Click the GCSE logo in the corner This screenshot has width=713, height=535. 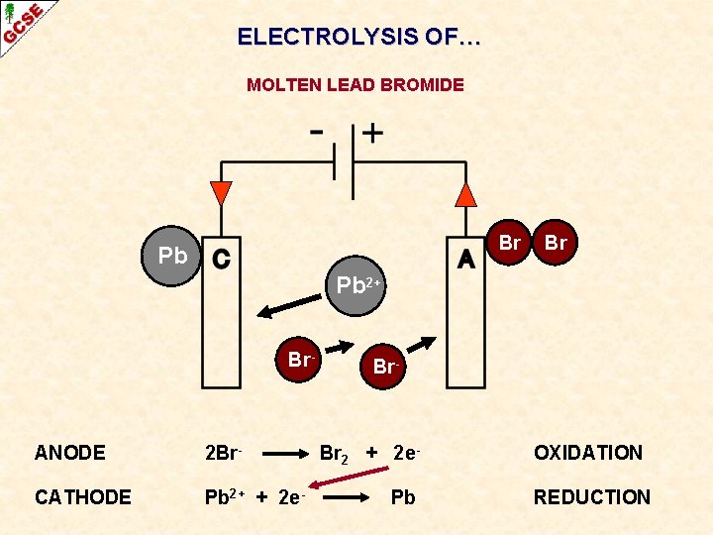[22, 23]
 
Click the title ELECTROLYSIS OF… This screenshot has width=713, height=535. [359, 38]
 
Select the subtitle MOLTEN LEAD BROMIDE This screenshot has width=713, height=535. [356, 85]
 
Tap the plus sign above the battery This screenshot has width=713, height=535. [373, 132]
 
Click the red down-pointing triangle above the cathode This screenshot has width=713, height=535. [222, 193]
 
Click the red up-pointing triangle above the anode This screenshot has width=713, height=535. [465, 193]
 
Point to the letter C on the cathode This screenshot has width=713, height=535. [221, 258]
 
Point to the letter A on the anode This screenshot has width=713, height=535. [465, 258]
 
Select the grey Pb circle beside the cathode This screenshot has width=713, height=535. [172, 256]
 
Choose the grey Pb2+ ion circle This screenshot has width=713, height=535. [354, 285]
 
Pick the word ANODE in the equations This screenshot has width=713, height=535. [69, 453]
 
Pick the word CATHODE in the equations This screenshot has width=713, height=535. [82, 497]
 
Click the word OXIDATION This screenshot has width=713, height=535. [588, 453]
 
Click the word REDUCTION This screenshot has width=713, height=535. [592, 497]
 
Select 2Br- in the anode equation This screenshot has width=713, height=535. [223, 454]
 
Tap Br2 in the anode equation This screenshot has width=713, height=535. [333, 455]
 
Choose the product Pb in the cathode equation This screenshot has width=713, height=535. [403, 497]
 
